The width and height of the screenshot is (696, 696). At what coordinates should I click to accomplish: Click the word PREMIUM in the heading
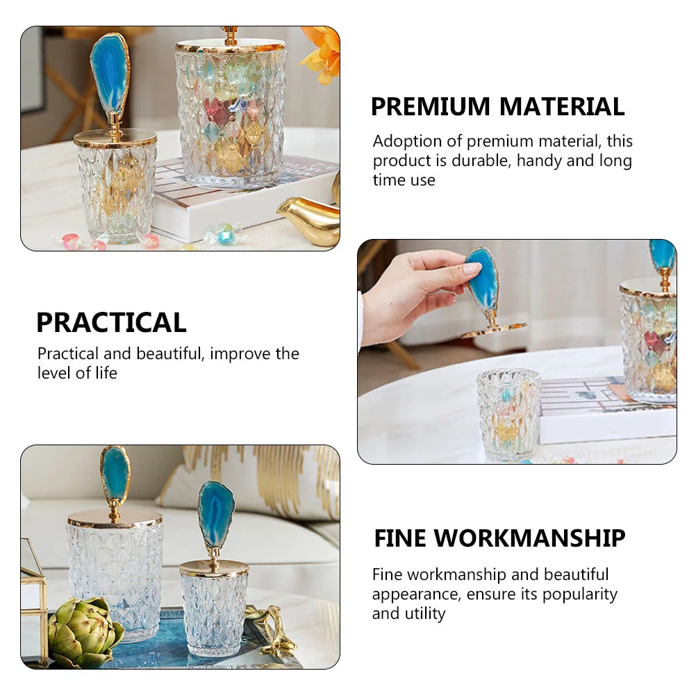coord(431,107)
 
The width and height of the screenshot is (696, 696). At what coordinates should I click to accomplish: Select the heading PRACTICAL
coord(111,322)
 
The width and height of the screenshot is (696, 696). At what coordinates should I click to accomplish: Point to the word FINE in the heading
coord(401,538)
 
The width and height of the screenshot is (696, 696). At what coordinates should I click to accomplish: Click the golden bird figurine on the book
coord(312,217)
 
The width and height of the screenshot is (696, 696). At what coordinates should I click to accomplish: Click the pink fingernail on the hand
coord(472,268)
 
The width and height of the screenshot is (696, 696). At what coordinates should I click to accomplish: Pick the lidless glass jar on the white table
coord(508,413)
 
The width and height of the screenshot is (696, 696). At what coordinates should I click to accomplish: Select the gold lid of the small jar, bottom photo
coord(213,568)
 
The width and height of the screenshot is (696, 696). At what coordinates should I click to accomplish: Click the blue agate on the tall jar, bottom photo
coord(115,477)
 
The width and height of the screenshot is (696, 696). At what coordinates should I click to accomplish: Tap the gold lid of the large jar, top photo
coord(230,46)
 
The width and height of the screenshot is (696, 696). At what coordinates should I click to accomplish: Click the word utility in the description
coord(423,614)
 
